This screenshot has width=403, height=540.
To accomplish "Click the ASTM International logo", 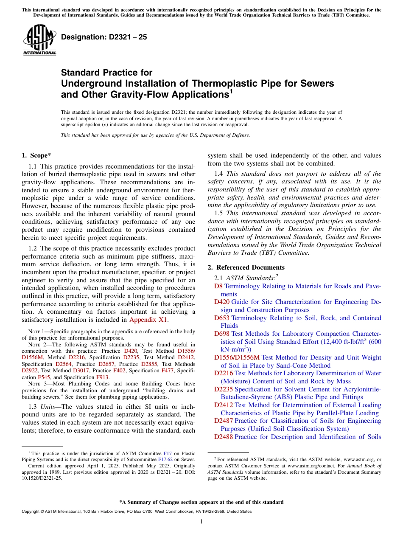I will click(39, 41).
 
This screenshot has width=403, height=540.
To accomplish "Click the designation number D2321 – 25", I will click(104, 37).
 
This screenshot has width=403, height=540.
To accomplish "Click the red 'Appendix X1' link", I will click(148, 320).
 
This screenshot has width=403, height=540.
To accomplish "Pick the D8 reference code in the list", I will click(218, 286).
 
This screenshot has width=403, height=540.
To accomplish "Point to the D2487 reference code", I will click(224, 421).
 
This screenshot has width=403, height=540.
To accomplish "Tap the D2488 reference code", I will click(224, 437).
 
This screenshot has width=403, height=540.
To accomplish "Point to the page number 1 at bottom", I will click(201, 521).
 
